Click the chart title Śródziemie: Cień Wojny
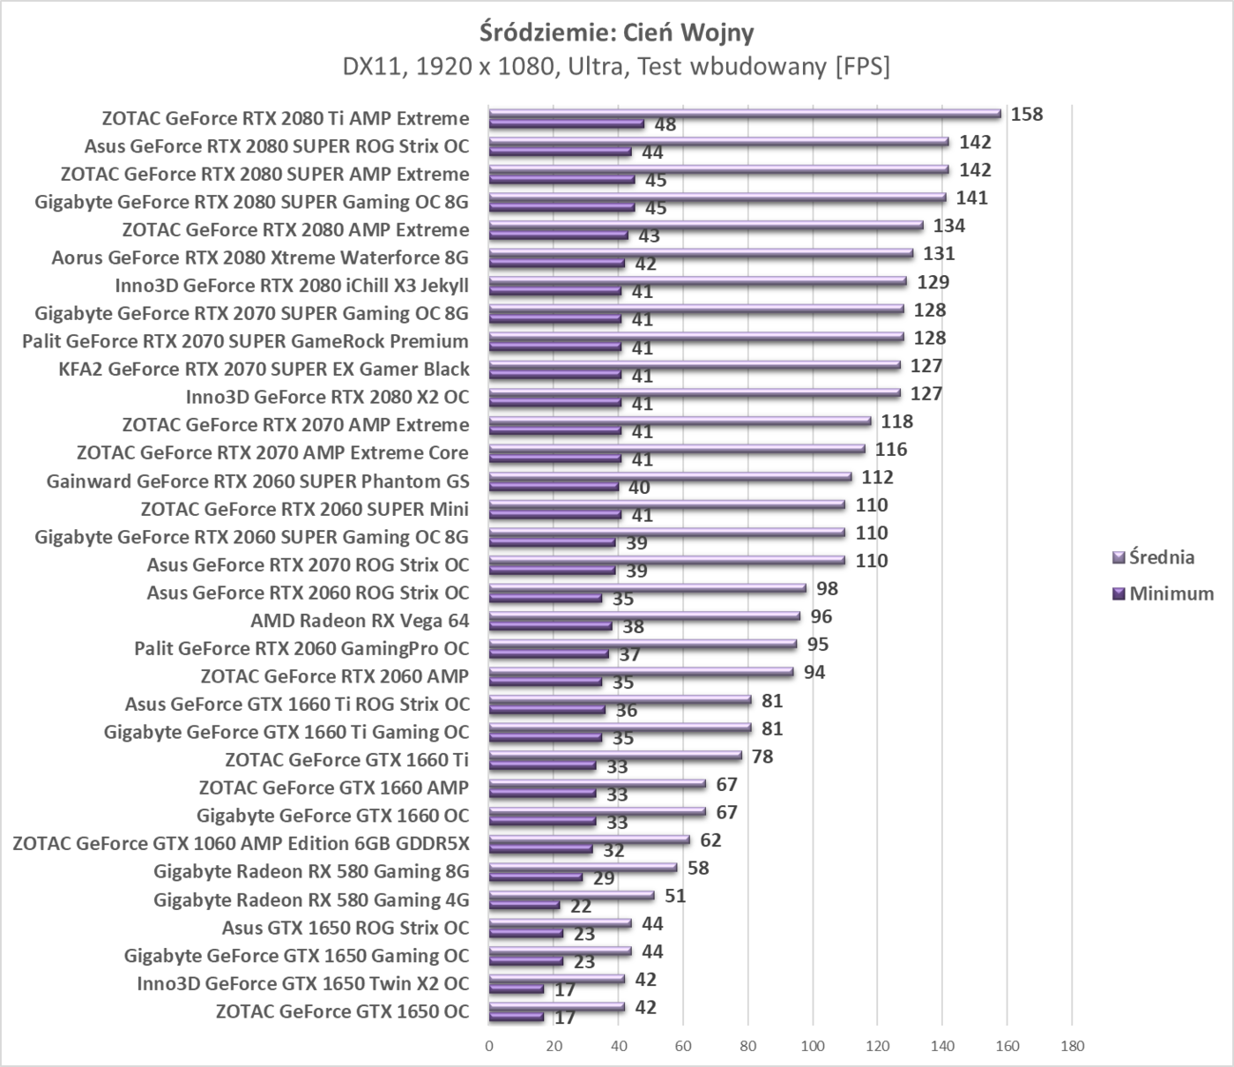(x=616, y=33)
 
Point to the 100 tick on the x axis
(x=813, y=1046)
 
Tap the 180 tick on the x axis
(x=1072, y=1046)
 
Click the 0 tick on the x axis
(x=489, y=1046)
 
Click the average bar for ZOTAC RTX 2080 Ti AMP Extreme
(x=745, y=113)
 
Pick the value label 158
(x=1026, y=114)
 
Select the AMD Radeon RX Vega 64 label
(x=360, y=621)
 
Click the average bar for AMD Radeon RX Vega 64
(x=644, y=616)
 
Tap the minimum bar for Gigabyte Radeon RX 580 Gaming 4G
(x=524, y=905)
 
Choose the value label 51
(x=674, y=896)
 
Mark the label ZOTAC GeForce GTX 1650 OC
(x=342, y=1011)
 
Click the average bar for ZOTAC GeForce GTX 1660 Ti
(x=615, y=755)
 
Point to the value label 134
(x=949, y=226)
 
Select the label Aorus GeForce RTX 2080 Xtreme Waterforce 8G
(x=260, y=258)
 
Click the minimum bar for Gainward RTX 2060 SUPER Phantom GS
(x=554, y=487)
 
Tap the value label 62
(x=710, y=840)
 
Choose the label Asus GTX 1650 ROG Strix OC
(x=346, y=928)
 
